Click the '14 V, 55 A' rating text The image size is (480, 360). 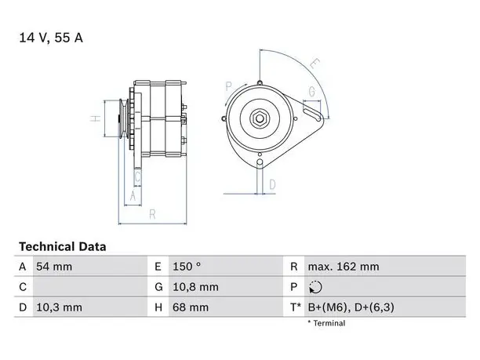pyautogui.click(x=51, y=38)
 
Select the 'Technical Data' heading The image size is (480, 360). pyautogui.click(x=63, y=246)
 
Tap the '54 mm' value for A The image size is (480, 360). pyautogui.click(x=54, y=267)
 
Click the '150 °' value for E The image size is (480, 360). pyautogui.click(x=187, y=267)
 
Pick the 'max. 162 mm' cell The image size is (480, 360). pyautogui.click(x=344, y=267)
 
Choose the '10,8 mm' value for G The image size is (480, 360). pyautogui.click(x=195, y=287)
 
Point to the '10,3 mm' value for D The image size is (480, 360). pyautogui.click(x=59, y=307)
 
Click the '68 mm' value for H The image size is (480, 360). pyautogui.click(x=191, y=307)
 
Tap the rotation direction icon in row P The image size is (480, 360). pyautogui.click(x=315, y=287)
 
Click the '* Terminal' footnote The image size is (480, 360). pyautogui.click(x=326, y=323)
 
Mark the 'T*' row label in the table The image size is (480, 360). pyautogui.click(x=296, y=307)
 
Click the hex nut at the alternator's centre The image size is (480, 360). pyautogui.click(x=260, y=118)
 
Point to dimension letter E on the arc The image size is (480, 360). pyautogui.click(x=315, y=64)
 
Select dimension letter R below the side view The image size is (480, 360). pyautogui.click(x=152, y=214)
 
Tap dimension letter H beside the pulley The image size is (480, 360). pyautogui.click(x=96, y=118)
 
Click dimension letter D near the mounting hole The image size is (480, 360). pyautogui.click(x=272, y=184)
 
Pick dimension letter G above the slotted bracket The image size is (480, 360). pyautogui.click(x=311, y=92)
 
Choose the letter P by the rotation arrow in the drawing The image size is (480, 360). pyautogui.click(x=229, y=86)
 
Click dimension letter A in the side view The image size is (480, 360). pyautogui.click(x=133, y=195)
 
